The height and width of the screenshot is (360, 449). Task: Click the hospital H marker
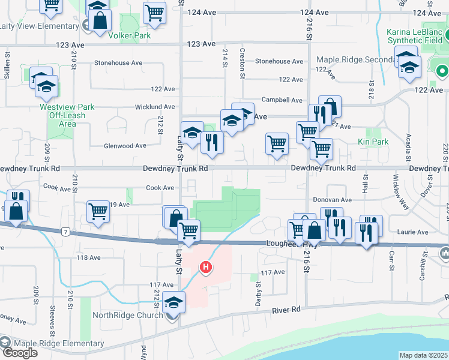(x=206, y=267)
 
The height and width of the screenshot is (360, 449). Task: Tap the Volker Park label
(x=129, y=35)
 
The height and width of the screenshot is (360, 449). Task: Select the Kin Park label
(x=373, y=142)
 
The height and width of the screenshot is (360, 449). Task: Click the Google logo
(x=20, y=353)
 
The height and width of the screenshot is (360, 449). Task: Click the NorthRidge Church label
(x=127, y=315)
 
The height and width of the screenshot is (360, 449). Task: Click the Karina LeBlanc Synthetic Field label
(x=414, y=36)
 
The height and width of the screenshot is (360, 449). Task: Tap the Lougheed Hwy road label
(x=289, y=244)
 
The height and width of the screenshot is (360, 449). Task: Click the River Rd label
(x=286, y=310)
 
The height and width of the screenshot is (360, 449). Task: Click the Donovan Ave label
(x=332, y=200)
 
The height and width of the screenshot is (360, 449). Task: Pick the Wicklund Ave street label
(x=154, y=107)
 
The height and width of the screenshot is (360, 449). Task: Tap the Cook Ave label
(x=159, y=188)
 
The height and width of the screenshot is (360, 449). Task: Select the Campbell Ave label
(x=281, y=100)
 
